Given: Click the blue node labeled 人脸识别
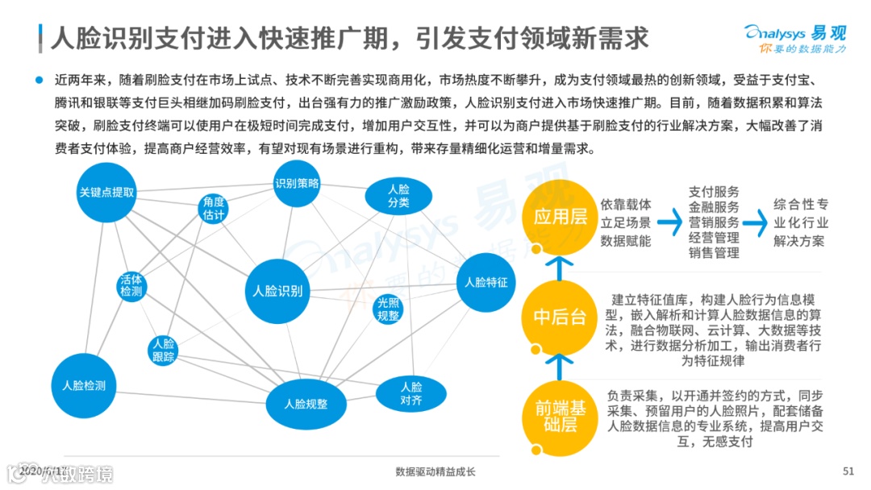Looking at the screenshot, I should pos(277,291).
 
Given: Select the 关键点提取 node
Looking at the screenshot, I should pos(106,193).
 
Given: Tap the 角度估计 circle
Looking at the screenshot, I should pos(214,209).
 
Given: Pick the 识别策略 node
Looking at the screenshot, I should pos(297,183).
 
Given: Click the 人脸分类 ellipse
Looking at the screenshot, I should pos(398,196).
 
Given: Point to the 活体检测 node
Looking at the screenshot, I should pos(131,285).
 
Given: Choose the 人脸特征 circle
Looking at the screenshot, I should pos(486,283).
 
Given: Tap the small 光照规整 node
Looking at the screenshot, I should pos(389,309).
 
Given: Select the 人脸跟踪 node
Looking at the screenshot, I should pos(163,350).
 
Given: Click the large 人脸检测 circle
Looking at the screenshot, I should pos(84,385).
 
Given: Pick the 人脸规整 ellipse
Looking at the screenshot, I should pos(306,404).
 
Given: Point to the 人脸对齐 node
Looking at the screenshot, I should pos(410,392).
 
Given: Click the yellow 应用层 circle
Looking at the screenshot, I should pos(560,215).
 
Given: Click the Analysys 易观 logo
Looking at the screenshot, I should pos(794,38).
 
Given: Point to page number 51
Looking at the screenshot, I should pos(848,471).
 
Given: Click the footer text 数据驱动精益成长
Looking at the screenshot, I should pos(435,471).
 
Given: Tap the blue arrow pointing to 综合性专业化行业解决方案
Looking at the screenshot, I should pos(755,220).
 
